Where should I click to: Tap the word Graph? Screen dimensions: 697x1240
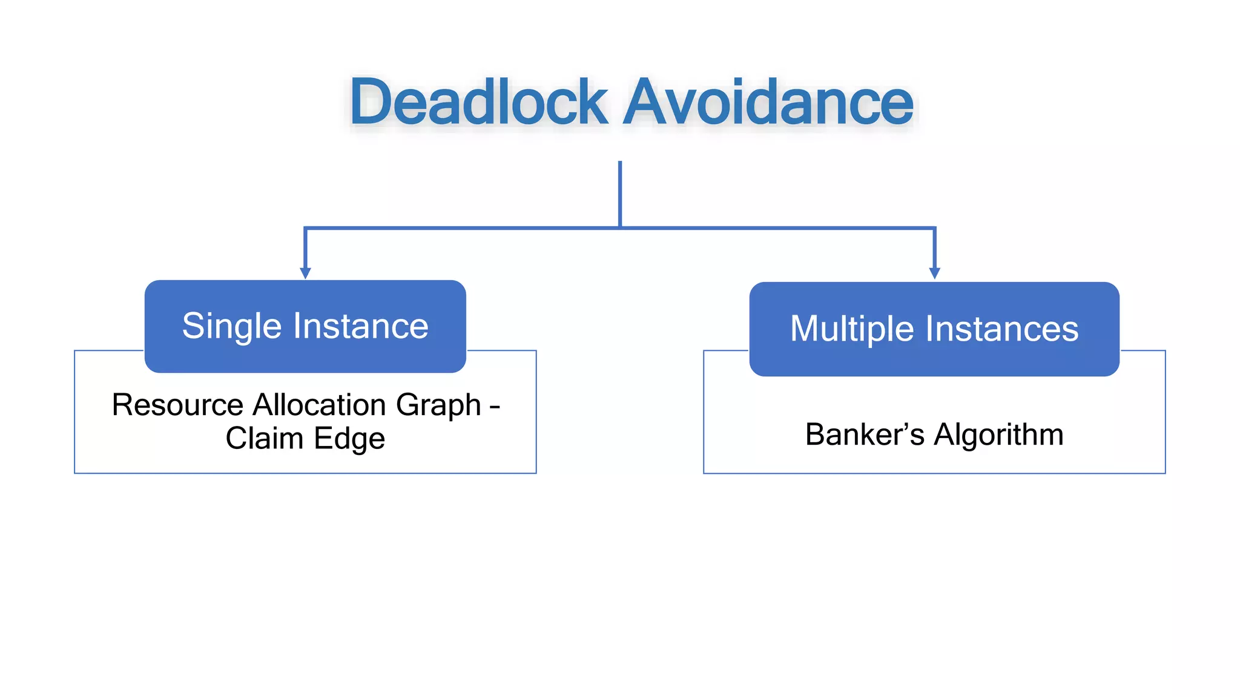[438, 405]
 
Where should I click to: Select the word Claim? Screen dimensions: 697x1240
[264, 438]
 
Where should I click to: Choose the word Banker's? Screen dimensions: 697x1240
[865, 434]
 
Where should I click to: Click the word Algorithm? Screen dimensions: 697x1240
[998, 434]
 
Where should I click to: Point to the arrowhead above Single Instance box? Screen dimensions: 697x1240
[306, 273]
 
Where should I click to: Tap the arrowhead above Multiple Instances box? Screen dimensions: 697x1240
[935, 273]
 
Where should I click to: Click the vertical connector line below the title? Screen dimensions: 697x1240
[620, 194]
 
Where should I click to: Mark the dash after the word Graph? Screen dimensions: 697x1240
[495, 407]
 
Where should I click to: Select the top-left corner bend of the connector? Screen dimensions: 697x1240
[306, 228]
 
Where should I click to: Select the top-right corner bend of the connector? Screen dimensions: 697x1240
[935, 228]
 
